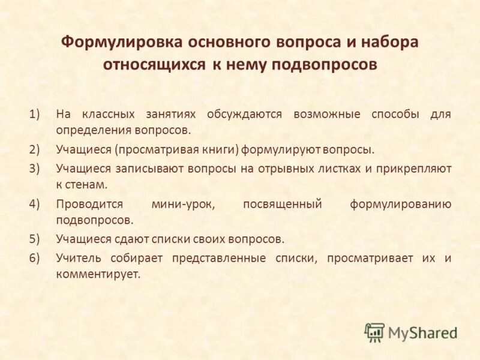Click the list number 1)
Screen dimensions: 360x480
(34, 114)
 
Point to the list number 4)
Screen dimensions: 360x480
(34, 204)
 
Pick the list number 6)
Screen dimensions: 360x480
(34, 259)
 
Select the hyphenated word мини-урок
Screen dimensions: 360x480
(183, 204)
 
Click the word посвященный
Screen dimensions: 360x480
(283, 204)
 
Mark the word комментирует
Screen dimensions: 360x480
(98, 274)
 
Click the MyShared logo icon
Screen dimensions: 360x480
(374, 332)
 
